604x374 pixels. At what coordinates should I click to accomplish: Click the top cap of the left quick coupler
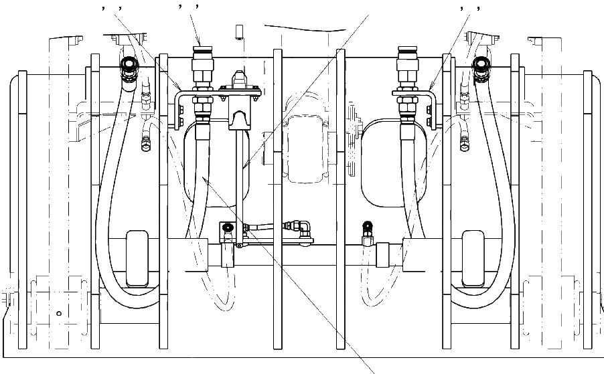[x=201, y=51]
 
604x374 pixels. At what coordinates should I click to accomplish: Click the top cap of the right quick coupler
[x=407, y=51]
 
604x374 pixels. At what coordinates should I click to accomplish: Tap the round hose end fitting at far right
[x=479, y=66]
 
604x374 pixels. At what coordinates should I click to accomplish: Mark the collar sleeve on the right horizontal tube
[x=384, y=255]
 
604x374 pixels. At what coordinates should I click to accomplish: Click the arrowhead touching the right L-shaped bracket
[x=431, y=89]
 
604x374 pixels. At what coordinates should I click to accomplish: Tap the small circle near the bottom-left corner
[x=59, y=313]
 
